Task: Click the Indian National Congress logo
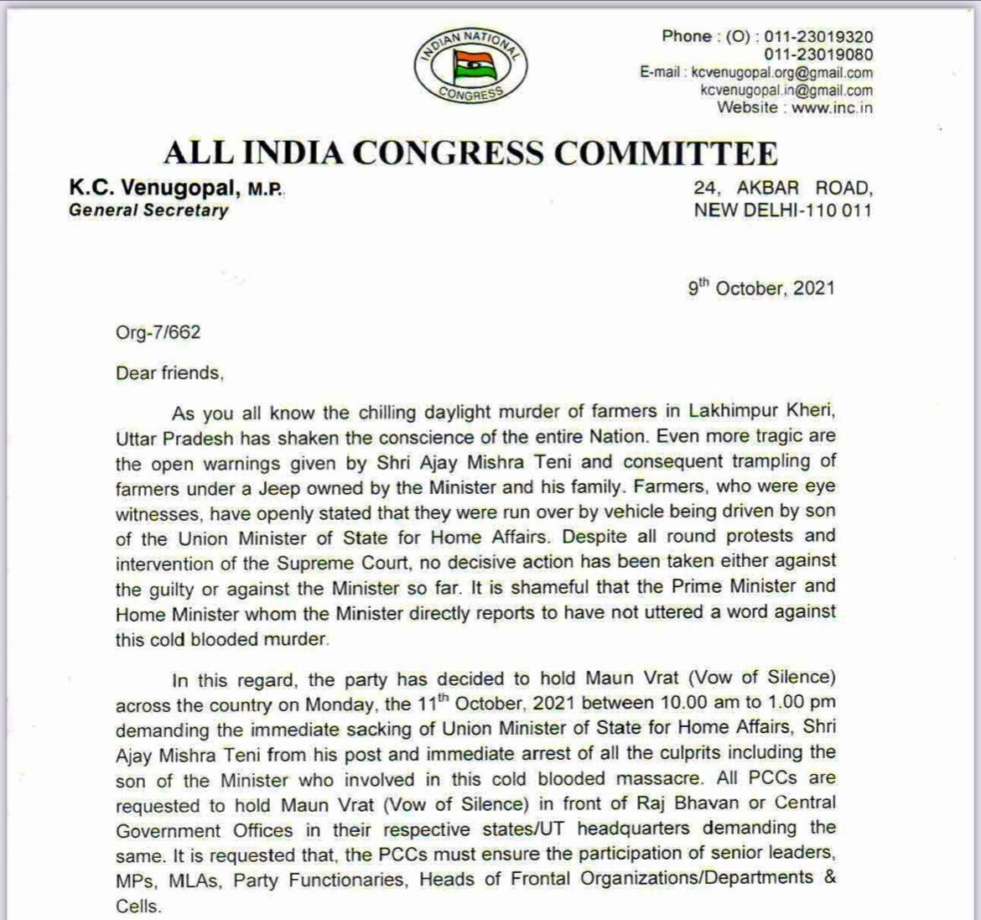click(470, 65)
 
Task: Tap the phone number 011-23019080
click(817, 55)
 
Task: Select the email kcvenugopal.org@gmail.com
click(781, 73)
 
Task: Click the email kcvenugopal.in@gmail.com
click(786, 91)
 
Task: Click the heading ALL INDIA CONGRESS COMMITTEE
click(470, 153)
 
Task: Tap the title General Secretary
click(148, 211)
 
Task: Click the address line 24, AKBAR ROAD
click(782, 189)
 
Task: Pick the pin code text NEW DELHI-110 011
click(782, 210)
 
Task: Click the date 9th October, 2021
click(761, 288)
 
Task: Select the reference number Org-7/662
click(158, 332)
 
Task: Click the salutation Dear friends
click(169, 373)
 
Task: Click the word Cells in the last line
click(137, 907)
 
